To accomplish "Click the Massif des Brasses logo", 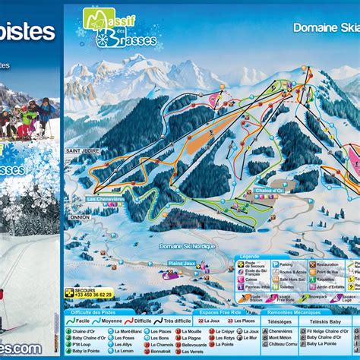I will click(x=121, y=30).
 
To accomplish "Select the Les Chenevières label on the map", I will click(x=105, y=199).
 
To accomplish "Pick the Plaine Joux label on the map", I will click(x=181, y=263).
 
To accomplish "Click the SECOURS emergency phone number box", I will click(x=90, y=294).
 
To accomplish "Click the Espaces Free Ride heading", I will click(x=220, y=312).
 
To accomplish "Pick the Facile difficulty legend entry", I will click(x=81, y=321).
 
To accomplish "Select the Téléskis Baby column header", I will click(x=323, y=321).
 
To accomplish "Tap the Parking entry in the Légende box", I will click(x=285, y=264).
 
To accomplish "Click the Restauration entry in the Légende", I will click(x=329, y=264).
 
